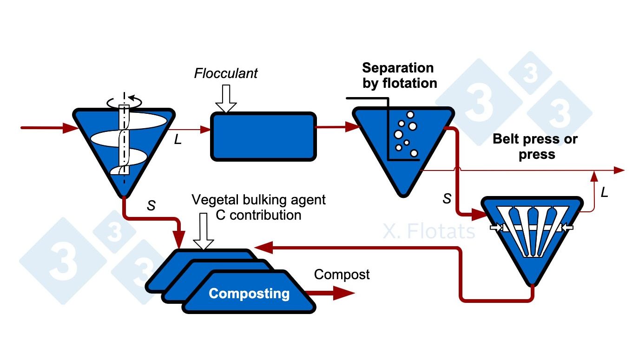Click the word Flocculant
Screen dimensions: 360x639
[x=226, y=73]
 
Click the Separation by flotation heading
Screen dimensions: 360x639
[x=399, y=75]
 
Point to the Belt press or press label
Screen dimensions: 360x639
[x=535, y=146]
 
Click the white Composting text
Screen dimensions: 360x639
[x=249, y=293]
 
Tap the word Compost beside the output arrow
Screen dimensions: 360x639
[x=342, y=274]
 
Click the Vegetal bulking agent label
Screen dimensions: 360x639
[x=259, y=200]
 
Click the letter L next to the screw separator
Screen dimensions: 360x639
[x=178, y=139]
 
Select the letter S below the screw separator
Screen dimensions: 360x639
[x=151, y=206]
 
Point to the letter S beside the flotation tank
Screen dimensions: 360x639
[x=447, y=198]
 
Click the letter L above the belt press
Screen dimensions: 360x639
[x=604, y=192]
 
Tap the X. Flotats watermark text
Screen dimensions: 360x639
[x=428, y=231]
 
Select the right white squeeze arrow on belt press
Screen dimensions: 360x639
[x=567, y=228]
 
